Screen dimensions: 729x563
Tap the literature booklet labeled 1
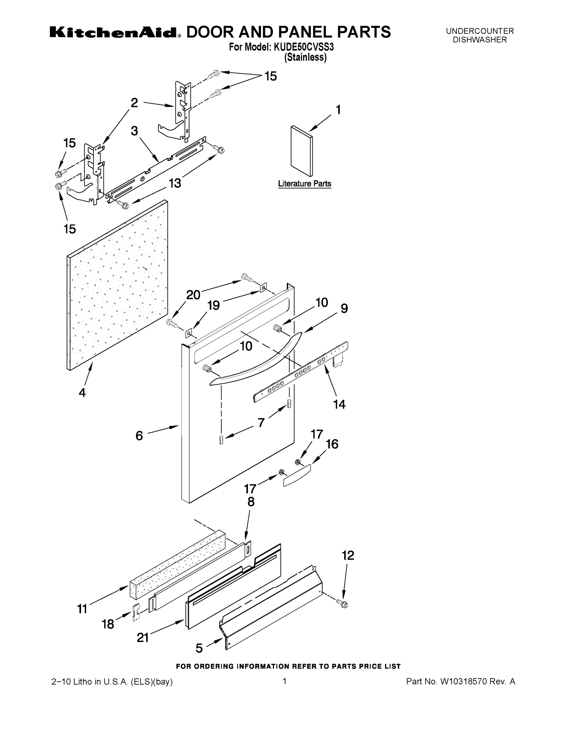(301, 151)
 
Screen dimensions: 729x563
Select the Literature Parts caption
(304, 183)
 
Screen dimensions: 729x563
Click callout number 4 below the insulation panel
(82, 392)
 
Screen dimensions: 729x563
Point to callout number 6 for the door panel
(139, 436)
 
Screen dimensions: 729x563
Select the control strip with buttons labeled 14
(300, 372)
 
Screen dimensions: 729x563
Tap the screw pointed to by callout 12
(342, 603)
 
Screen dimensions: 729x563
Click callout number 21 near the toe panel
(143, 638)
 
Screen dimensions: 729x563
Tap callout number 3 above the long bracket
(134, 131)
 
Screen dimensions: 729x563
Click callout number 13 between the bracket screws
(175, 183)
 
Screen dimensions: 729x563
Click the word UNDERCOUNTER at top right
(480, 31)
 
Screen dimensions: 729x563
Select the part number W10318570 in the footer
(464, 681)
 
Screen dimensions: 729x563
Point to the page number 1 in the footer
(284, 681)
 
